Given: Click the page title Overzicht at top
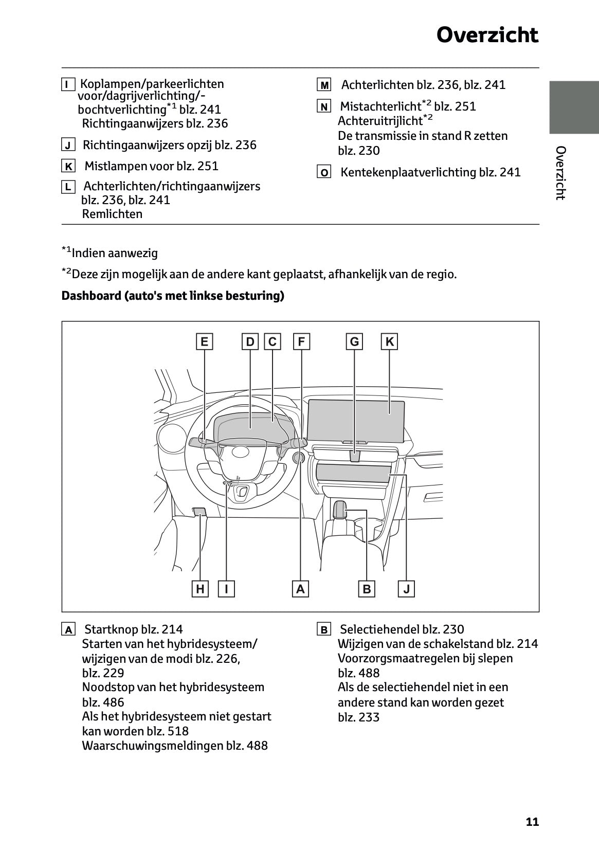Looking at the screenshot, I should (487, 35).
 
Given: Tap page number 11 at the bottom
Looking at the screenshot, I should (532, 822).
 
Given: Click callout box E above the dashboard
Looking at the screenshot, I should (204, 342).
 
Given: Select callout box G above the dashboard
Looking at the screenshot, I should (354, 342).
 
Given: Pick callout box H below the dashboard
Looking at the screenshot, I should (200, 589).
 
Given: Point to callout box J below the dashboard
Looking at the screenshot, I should (406, 589).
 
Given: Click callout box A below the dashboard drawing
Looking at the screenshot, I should (300, 589).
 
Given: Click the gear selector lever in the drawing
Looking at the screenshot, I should (339, 509).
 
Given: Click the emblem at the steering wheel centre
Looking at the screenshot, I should (240, 451).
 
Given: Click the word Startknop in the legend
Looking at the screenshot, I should (111, 629).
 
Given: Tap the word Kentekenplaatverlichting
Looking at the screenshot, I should (408, 172).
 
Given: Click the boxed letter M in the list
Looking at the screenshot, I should (324, 85).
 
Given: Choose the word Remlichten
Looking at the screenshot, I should (112, 214).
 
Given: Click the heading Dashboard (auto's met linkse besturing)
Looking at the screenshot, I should (173, 296).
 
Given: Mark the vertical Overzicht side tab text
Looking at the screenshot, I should (560, 173).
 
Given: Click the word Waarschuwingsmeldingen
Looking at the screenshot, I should (152, 746).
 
